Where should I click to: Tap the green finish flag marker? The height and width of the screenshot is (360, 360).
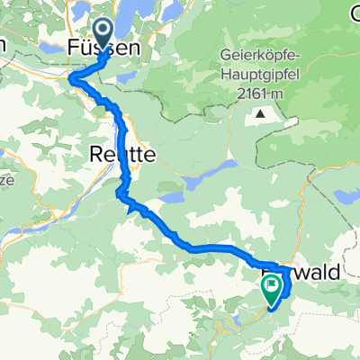(271, 286)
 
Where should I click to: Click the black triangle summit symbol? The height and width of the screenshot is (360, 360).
(260, 113)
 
